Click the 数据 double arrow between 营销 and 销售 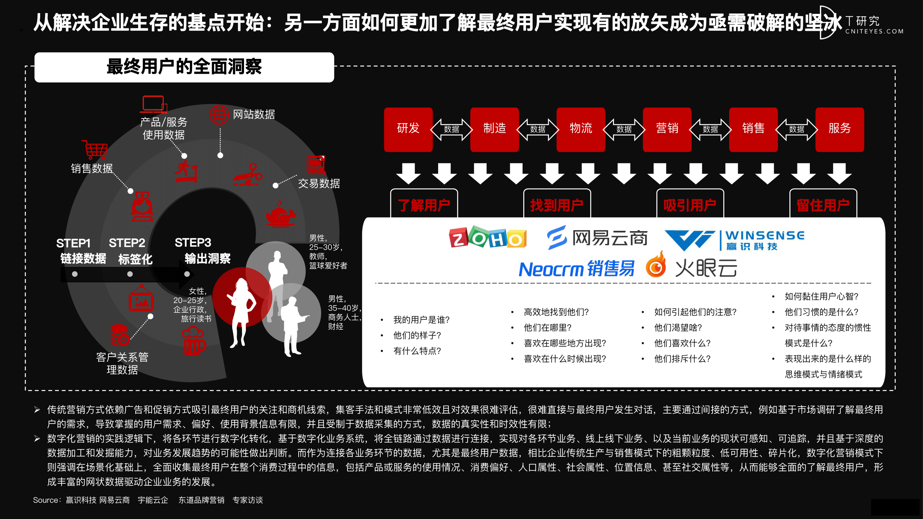pos(710,129)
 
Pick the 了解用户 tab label pos(424,205)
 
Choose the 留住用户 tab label pos(823,205)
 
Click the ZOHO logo pos(488,237)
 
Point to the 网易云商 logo pos(597,237)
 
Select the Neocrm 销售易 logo pos(577,268)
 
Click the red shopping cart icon pos(95,150)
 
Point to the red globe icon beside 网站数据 pos(219,115)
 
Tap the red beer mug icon pos(194,342)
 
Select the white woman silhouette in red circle pos(242,312)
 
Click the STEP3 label pos(193,243)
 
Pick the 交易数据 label pos(319,184)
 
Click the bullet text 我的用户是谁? pos(422,319)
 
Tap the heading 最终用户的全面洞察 pos(184,67)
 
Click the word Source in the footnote pos(45,500)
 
